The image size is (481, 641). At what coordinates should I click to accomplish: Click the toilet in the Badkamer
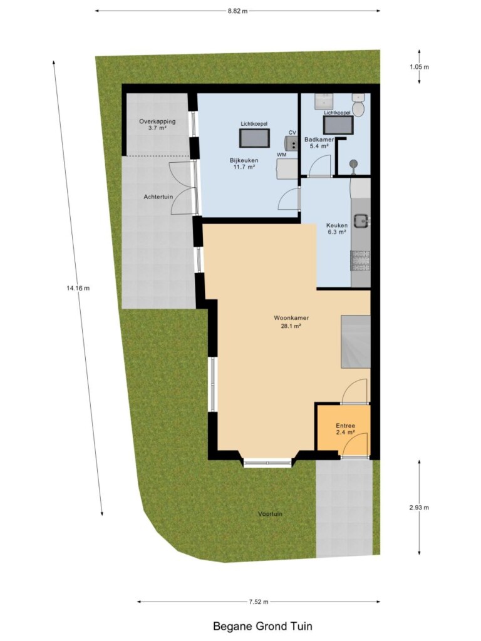click(358, 105)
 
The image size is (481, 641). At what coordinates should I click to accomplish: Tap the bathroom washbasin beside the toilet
click(324, 101)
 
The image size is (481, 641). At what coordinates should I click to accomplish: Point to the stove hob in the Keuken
click(360, 261)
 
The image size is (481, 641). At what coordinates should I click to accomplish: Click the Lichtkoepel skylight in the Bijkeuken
click(254, 138)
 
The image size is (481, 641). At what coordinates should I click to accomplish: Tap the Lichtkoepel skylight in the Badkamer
click(338, 125)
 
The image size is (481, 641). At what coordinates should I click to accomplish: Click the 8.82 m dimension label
click(237, 11)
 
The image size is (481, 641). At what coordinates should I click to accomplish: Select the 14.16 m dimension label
click(78, 288)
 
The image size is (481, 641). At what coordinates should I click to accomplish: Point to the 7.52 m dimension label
click(259, 602)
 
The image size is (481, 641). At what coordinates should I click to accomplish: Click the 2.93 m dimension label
click(419, 508)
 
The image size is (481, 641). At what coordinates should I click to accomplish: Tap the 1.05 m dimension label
click(419, 66)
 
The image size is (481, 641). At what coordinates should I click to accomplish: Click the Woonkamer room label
click(291, 317)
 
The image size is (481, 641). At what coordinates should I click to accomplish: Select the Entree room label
click(345, 426)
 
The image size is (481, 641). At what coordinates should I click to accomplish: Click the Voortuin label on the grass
click(270, 514)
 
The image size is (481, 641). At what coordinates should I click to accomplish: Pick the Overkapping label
click(157, 121)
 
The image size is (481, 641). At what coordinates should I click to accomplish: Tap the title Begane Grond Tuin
click(262, 626)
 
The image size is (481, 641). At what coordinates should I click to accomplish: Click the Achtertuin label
click(158, 197)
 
